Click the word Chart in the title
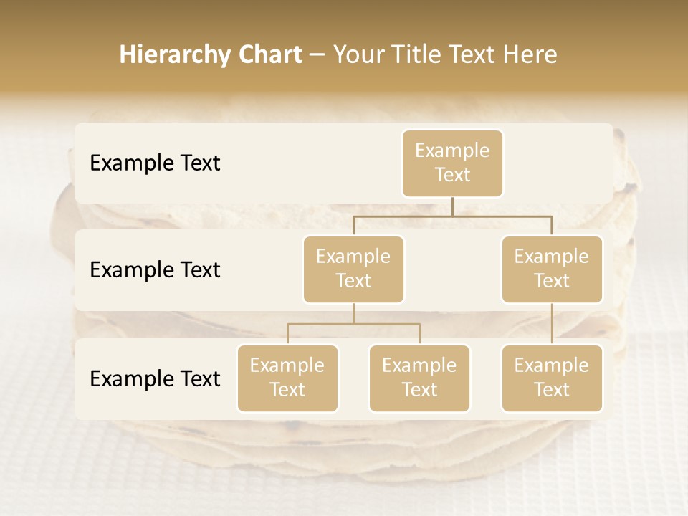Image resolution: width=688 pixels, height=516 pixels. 271,55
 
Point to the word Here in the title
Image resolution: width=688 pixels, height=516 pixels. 532,55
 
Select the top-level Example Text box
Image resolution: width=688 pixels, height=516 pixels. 452,163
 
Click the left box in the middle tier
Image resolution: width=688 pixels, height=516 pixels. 353,269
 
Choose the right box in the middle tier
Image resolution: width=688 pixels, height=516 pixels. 552,269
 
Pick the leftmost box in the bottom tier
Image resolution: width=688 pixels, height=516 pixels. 287,378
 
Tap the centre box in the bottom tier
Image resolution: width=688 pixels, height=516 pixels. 419,378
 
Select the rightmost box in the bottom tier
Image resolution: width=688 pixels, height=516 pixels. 552,378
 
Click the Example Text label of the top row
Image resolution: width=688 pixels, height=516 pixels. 155,163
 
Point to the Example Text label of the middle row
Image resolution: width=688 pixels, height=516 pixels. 155,270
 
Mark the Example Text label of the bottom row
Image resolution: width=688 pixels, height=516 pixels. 155,379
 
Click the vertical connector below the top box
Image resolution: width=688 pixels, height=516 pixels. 452,206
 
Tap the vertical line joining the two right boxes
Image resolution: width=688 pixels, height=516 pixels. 552,324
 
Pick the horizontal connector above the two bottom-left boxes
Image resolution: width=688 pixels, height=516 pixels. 353,325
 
